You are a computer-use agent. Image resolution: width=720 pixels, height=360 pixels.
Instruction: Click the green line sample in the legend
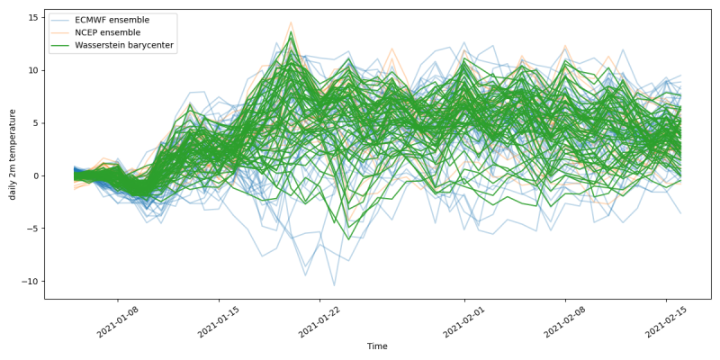tap(62, 46)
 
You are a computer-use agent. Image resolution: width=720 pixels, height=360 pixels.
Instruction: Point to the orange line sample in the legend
tap(62, 32)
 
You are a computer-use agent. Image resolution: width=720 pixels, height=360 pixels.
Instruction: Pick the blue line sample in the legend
tap(62, 20)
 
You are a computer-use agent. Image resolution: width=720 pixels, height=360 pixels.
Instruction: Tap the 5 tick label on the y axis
tap(35, 123)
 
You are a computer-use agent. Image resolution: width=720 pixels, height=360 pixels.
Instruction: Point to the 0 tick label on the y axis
tap(35, 175)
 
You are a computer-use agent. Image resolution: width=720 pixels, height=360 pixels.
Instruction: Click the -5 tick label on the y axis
tap(33, 229)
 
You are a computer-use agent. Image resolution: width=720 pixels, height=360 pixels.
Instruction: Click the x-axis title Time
tap(378, 346)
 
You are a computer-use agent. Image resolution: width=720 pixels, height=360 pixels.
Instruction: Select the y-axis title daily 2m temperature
tap(13, 154)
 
